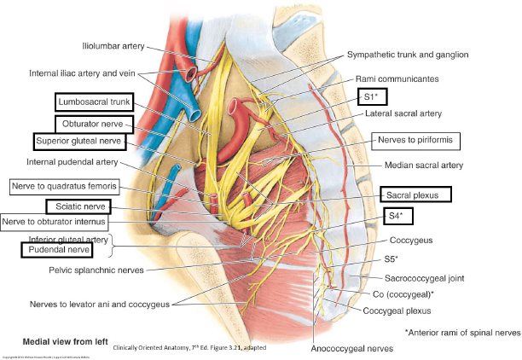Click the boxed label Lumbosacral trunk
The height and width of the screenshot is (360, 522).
coord(93,102)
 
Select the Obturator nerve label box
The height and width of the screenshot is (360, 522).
coord(94,125)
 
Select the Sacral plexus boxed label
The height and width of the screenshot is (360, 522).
coord(415,195)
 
